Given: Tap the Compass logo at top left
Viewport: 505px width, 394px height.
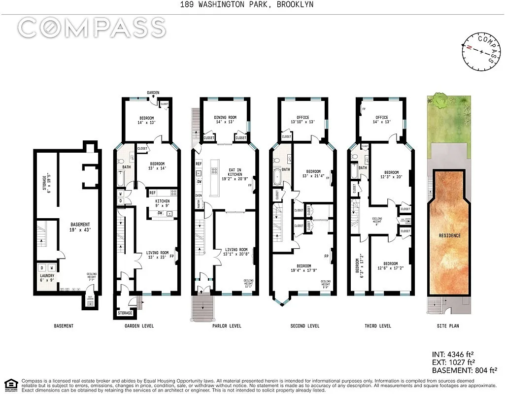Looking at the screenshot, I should [x=92, y=28].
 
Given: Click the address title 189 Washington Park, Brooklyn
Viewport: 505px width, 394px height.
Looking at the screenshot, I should [x=252, y=5].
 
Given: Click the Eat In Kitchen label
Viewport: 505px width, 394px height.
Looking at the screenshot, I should [x=235, y=172].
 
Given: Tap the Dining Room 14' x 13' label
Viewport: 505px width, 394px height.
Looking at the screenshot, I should [x=225, y=120].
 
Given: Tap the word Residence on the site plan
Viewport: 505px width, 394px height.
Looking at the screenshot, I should [x=450, y=236].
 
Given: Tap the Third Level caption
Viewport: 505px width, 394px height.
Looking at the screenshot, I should [x=378, y=326].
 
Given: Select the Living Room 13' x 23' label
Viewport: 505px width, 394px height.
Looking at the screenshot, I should [x=157, y=256].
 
